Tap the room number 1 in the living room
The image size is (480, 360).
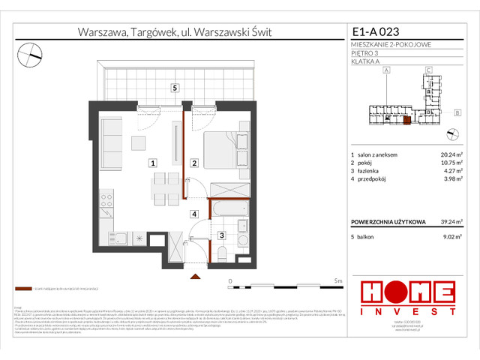tap(152, 162)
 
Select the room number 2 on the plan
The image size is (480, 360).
tap(193, 162)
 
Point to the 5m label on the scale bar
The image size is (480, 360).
tap(337, 280)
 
